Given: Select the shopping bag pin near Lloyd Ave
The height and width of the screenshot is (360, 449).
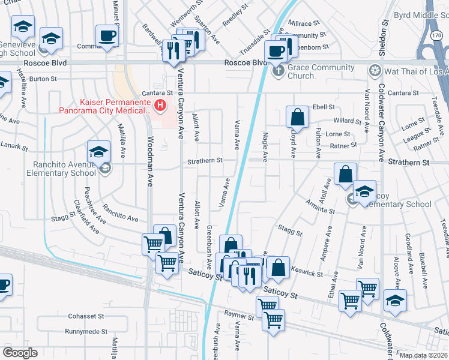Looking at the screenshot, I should [x=297, y=117].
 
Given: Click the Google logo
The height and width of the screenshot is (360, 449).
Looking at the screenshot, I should [x=20, y=353].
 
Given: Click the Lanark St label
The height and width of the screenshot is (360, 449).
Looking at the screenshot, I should [x=14, y=146].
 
